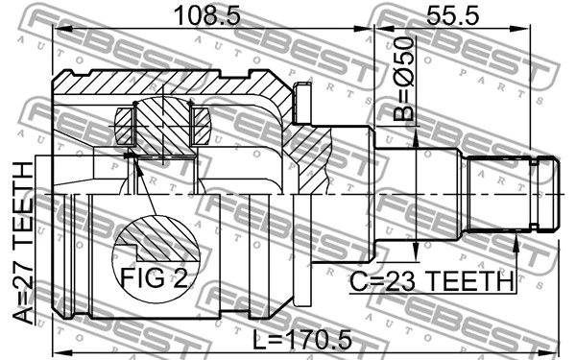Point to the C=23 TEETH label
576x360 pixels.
pos(431,281)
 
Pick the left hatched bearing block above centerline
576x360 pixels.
pos(128,125)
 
